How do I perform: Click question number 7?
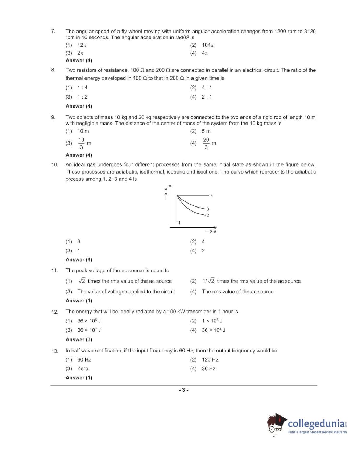pos(53,31)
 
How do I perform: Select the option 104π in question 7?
pos(208,45)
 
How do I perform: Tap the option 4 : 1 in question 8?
pos(207,88)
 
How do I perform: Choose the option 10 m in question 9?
pos(83,131)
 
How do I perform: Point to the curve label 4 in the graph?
pos(212,196)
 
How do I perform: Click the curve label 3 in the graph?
pos(208,209)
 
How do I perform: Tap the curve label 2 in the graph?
pos(208,216)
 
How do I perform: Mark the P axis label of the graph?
pos(166,189)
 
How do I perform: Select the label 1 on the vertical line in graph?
pos(179,222)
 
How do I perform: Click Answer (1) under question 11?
pos(79,301)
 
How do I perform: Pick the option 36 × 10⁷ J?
pos(89,330)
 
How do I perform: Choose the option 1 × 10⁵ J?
pos(212,321)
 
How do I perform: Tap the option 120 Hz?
pos(210,360)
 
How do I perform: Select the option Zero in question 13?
pos(83,368)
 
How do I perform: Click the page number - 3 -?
pos(183,390)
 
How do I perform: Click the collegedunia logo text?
pos(316,423)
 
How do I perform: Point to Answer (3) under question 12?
pos(79,339)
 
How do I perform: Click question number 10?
pos(55,165)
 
